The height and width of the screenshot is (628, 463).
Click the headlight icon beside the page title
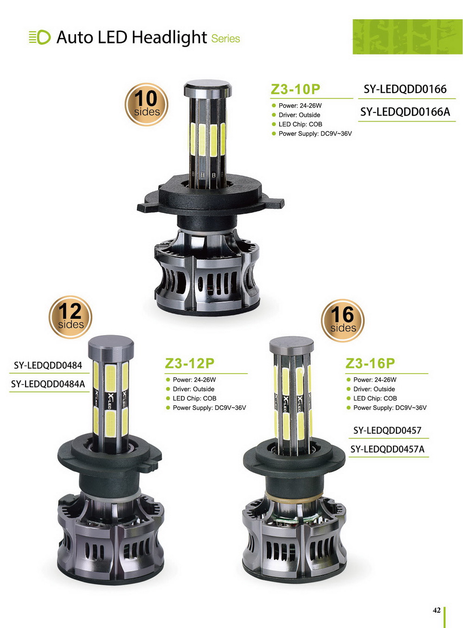(x=40, y=37)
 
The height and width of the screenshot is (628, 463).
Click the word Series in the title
(x=225, y=39)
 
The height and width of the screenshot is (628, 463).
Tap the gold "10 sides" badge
(x=146, y=105)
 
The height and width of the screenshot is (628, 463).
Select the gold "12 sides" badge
(x=70, y=317)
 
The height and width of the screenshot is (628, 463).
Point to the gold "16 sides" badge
(x=343, y=320)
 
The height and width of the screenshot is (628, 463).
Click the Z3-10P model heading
(x=295, y=89)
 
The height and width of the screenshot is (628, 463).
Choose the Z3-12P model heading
(x=189, y=363)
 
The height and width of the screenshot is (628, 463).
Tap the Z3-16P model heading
(x=370, y=363)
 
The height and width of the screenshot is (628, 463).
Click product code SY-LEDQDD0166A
(x=405, y=112)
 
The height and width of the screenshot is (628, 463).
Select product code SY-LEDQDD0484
(x=48, y=365)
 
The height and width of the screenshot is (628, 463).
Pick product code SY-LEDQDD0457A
(x=387, y=449)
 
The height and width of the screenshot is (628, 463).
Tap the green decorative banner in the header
(x=407, y=37)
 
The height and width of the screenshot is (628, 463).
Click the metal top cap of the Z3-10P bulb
(x=208, y=88)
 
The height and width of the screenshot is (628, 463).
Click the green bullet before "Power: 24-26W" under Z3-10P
(x=274, y=106)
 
